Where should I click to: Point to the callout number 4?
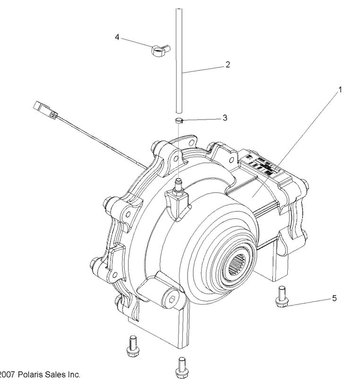click(117, 36)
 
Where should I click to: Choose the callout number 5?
click(334, 298)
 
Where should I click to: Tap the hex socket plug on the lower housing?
click(171, 299)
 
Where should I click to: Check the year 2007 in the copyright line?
click(7, 375)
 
